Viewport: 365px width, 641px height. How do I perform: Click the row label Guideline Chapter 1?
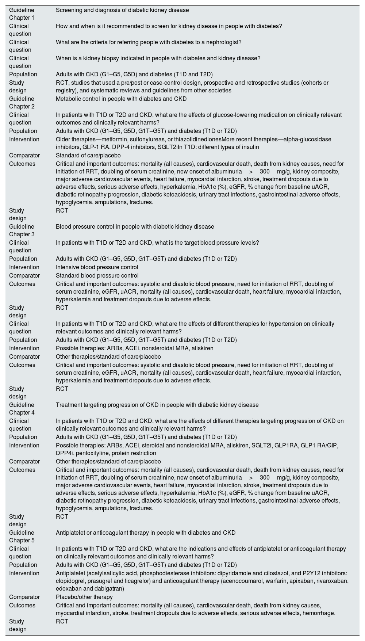coord(22,14)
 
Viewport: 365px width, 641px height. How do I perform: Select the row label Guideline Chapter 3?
coord(22,230)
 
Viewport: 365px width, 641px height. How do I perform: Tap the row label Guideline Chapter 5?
coord(22,537)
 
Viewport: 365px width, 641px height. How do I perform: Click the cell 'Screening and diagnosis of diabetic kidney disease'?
coord(122,10)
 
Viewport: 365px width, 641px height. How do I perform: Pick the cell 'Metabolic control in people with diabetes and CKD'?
coord(121,99)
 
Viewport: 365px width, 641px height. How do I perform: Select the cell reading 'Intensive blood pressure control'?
coord(97,267)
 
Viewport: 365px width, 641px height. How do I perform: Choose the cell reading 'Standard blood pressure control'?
coord(97,276)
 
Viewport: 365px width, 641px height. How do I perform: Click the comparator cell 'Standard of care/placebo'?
coord(88,156)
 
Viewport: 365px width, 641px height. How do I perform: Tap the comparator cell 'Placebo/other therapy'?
coord(84,597)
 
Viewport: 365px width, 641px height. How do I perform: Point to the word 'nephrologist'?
coord(223,42)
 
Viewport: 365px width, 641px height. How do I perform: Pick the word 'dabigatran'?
coord(108,589)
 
